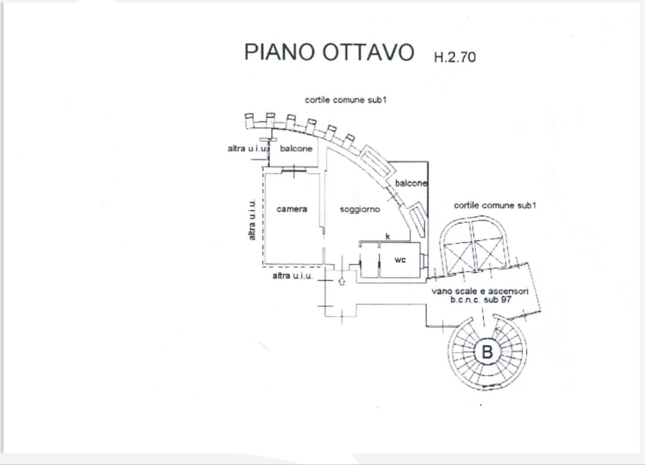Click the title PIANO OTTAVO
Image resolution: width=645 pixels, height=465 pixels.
coord(329,52)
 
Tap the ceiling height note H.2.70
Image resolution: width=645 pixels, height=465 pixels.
coord(454,57)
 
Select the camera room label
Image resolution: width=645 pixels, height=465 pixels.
coord(292,209)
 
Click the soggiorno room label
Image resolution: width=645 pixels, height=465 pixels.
coord(360,210)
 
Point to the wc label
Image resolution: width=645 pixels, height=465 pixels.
coord(400,260)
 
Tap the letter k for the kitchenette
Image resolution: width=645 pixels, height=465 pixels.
coord(388,237)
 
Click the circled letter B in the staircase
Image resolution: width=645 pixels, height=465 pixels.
coord(487,352)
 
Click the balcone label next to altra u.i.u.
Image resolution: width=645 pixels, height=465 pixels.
coord(296,148)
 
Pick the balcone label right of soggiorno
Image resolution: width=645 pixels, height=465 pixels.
coord(411,183)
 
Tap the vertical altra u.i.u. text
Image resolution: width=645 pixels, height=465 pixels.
coord(252,219)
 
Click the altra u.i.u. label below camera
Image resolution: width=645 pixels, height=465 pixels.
coord(292,276)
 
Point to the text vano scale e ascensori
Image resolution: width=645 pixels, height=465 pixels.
coord(480,291)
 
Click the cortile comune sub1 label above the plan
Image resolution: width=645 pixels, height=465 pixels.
coord(346,100)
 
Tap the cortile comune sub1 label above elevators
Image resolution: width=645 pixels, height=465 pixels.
coord(495,205)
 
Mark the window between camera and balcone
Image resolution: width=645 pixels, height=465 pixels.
coord(294,170)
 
